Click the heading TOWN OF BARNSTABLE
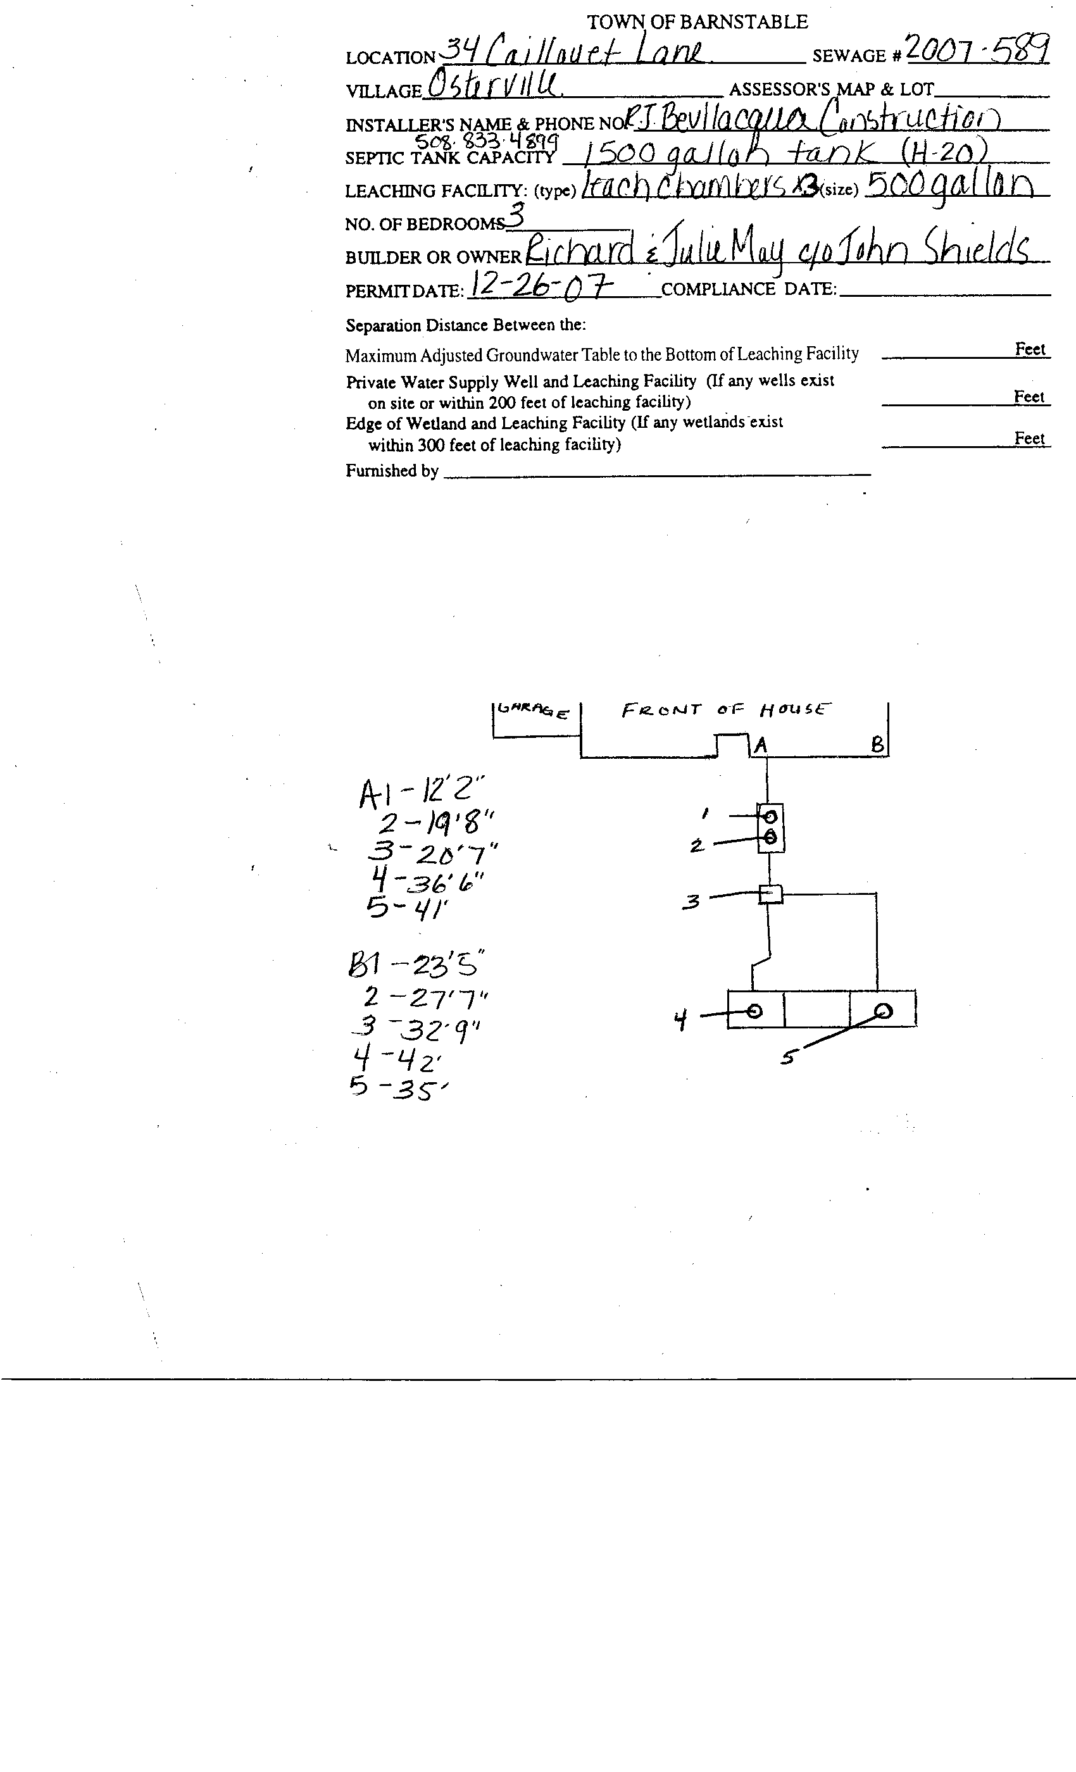click(x=697, y=22)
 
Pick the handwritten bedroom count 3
click(x=516, y=216)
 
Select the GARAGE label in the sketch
click(x=533, y=711)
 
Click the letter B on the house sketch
click(x=877, y=745)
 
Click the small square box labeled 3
click(x=770, y=895)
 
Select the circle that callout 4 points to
click(x=754, y=1011)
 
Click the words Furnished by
click(x=392, y=471)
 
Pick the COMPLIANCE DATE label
click(x=748, y=289)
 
